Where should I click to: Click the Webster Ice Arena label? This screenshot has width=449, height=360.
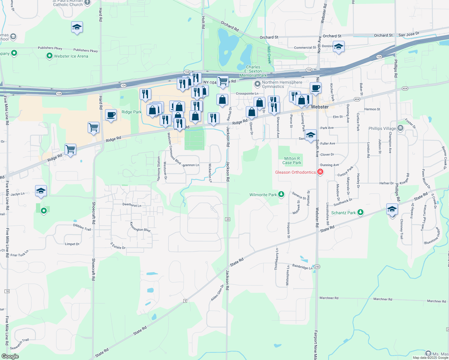(71, 56)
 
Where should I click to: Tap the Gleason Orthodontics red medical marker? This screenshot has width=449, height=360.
(320, 172)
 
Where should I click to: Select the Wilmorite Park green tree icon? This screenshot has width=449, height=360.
(281, 194)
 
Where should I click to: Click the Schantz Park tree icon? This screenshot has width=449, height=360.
(360, 212)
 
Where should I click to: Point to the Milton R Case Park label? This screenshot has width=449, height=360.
(292, 160)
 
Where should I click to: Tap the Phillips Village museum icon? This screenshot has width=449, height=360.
(400, 128)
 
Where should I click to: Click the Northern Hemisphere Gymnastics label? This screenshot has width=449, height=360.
(282, 84)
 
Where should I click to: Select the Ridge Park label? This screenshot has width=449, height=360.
(131, 112)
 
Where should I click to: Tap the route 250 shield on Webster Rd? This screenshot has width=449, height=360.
(317, 267)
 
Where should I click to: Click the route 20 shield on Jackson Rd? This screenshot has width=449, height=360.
(228, 219)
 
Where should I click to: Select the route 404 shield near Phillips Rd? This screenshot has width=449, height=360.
(405, 88)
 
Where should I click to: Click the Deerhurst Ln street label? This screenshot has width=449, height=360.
(132, 205)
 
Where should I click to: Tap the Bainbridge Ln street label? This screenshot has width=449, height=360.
(302, 266)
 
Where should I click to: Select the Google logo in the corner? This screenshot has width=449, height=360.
(10, 356)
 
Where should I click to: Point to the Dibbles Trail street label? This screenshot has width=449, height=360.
(82, 227)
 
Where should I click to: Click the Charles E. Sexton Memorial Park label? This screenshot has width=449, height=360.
(253, 71)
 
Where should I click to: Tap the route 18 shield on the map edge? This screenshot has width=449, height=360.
(7, 291)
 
